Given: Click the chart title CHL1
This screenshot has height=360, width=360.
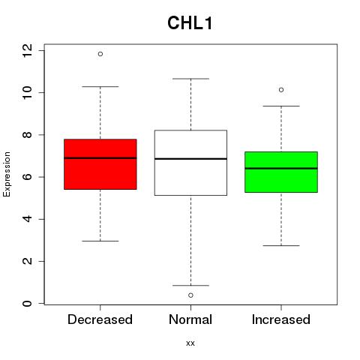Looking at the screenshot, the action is tap(190, 23).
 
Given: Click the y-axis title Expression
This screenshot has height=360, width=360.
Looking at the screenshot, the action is tap(7, 174).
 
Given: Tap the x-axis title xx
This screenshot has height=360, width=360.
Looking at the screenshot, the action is tap(190, 343).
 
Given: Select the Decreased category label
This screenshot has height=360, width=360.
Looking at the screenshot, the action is tap(100, 319).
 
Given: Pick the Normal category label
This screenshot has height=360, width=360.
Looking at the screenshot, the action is tap(190, 319).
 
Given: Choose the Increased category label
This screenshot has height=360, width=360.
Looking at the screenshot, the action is tap(281, 319).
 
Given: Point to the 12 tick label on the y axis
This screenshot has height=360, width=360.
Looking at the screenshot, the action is tap(27, 50).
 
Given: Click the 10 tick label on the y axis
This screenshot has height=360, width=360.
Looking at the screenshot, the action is tap(27, 92).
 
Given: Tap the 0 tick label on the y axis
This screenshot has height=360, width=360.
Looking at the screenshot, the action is tap(27, 304).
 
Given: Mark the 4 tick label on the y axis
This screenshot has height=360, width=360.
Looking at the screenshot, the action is tap(27, 219).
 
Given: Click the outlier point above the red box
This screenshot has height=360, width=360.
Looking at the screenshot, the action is tap(100, 54).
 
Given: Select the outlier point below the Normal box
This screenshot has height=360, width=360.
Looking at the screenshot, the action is tap(190, 295).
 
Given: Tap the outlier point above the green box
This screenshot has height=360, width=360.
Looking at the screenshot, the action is tap(281, 90).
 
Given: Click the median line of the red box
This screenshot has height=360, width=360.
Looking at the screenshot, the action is tap(100, 158).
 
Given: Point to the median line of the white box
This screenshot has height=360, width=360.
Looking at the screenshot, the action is tap(190, 159).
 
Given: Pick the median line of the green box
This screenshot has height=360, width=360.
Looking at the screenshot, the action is tap(281, 169).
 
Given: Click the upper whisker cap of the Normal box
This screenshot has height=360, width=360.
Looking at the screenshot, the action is tap(190, 79).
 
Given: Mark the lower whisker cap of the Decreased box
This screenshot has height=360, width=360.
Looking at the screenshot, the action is tap(100, 241).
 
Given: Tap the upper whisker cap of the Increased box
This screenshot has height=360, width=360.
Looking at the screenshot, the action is tap(281, 106).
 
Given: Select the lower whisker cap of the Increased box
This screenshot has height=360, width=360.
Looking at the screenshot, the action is tap(281, 245).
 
